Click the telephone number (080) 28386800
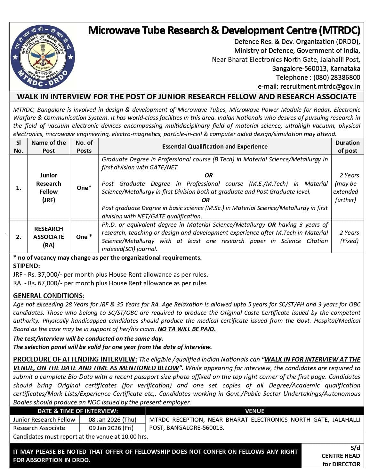click(336, 77)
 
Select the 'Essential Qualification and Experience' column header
click(215, 147)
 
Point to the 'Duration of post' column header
click(347, 147)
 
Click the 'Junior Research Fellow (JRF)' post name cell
click(49, 188)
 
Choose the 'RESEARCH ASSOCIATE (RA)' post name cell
click(49, 237)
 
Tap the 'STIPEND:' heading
click(27, 266)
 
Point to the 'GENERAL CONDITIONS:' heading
click(49, 296)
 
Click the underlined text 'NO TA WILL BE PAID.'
click(187, 329)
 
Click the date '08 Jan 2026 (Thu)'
click(112, 420)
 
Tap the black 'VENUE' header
click(254, 411)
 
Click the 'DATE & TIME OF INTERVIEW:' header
click(77, 411)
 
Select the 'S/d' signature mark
click(355, 448)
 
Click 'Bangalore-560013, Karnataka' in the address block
click(316, 69)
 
